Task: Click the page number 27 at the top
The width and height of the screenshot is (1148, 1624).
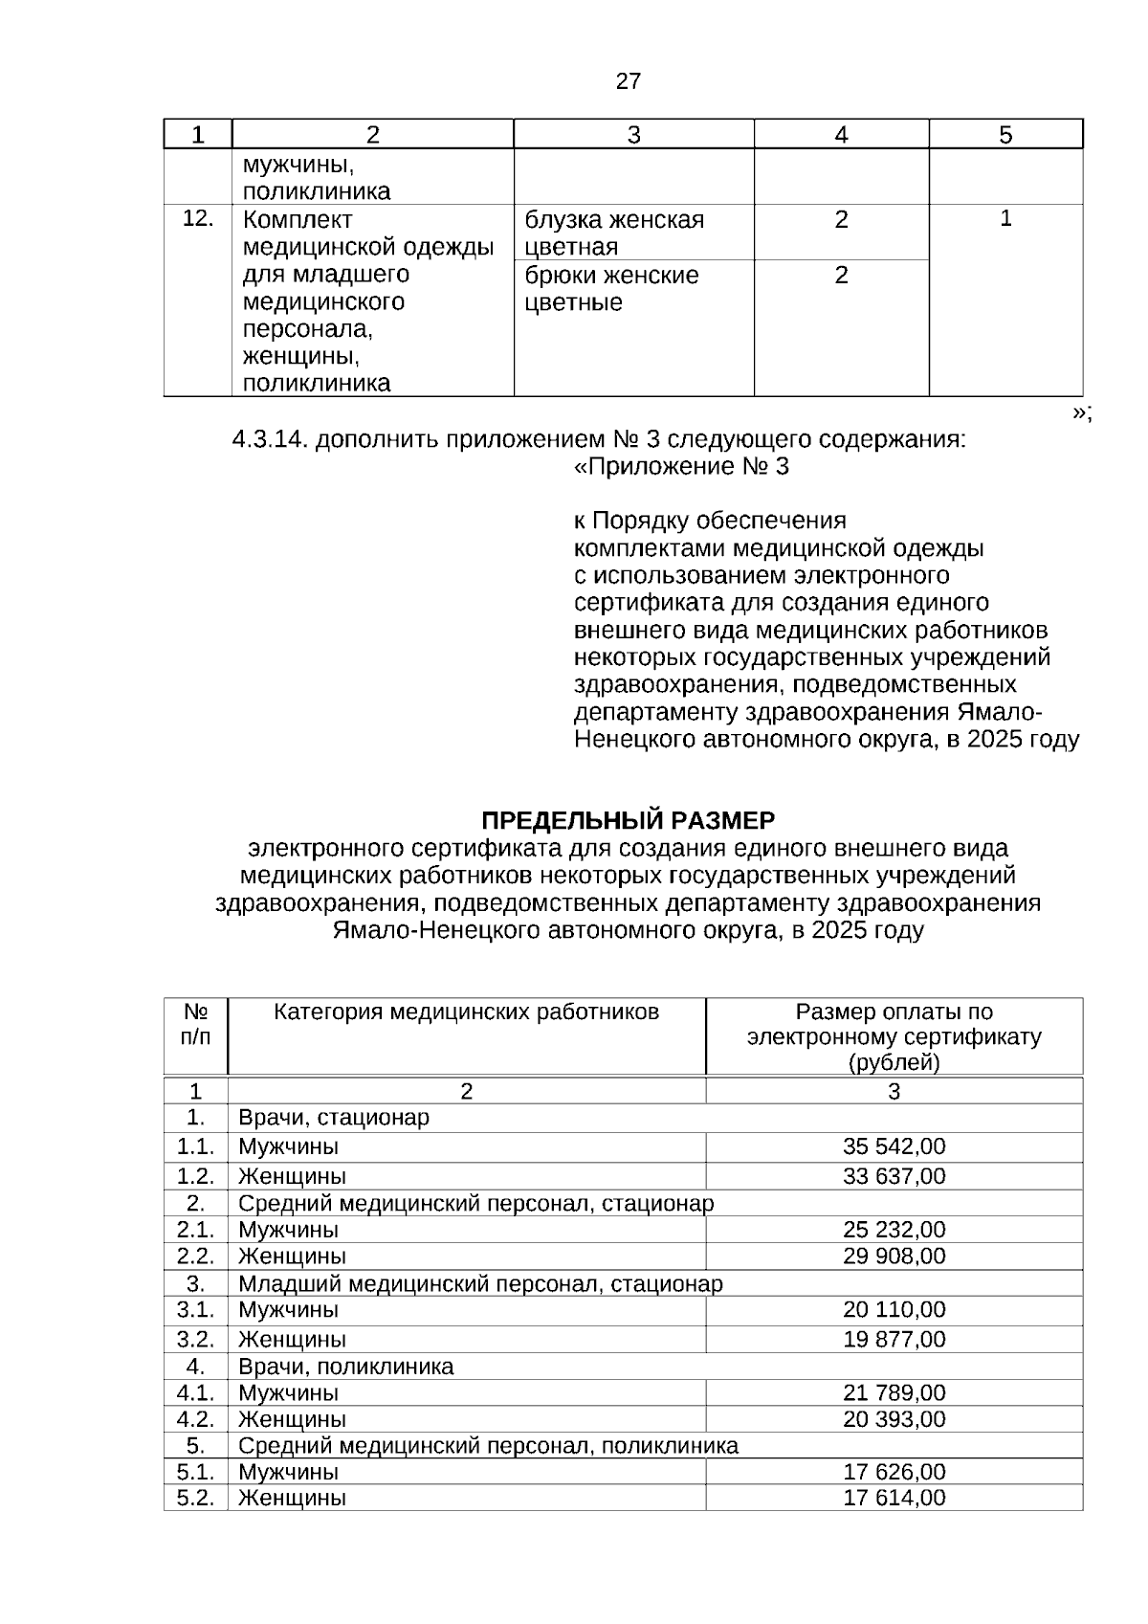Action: tap(628, 81)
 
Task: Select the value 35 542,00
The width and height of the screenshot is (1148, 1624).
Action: tap(894, 1146)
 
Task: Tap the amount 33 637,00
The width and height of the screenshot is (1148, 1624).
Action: tap(894, 1175)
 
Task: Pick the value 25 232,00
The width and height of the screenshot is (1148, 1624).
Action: tap(894, 1230)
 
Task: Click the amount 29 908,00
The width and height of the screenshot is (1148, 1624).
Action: tap(894, 1256)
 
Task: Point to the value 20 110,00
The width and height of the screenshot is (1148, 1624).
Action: tap(894, 1309)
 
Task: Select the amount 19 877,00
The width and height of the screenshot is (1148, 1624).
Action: tap(894, 1339)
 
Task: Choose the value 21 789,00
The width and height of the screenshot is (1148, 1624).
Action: tap(894, 1392)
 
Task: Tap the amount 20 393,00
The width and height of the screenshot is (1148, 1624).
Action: tap(894, 1418)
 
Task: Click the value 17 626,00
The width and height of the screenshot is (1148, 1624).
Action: tap(894, 1472)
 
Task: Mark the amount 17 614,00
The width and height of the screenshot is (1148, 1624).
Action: tap(894, 1498)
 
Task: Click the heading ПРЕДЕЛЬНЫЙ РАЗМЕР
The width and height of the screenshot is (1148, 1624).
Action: tap(628, 821)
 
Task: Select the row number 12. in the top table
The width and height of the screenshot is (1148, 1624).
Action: tap(197, 219)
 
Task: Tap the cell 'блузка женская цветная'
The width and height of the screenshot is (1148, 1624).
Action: tap(614, 233)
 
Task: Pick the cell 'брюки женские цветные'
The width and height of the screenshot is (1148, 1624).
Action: tap(612, 289)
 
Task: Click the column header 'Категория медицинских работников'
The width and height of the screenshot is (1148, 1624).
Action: tap(466, 1012)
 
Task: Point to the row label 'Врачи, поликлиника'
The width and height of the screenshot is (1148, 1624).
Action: tap(345, 1366)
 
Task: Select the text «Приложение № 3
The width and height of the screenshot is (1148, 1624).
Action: tap(681, 467)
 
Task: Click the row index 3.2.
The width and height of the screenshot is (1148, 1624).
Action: tap(195, 1339)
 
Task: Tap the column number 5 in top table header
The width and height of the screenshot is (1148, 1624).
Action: tap(1005, 135)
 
